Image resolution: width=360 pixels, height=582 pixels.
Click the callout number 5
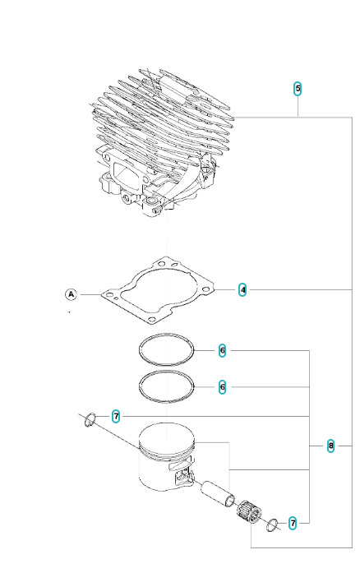[x=298, y=89]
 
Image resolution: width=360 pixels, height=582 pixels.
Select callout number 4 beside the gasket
[x=243, y=289]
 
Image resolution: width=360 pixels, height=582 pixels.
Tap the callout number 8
[x=330, y=446]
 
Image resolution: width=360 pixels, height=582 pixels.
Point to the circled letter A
[x=71, y=293]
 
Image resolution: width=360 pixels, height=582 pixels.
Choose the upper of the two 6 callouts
[x=222, y=351]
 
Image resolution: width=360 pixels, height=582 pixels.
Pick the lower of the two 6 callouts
[x=222, y=386]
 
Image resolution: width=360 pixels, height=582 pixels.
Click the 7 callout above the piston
[x=116, y=417]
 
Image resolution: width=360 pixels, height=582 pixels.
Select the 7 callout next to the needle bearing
[x=293, y=521]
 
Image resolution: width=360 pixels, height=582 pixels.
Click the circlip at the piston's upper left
[x=90, y=421]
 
